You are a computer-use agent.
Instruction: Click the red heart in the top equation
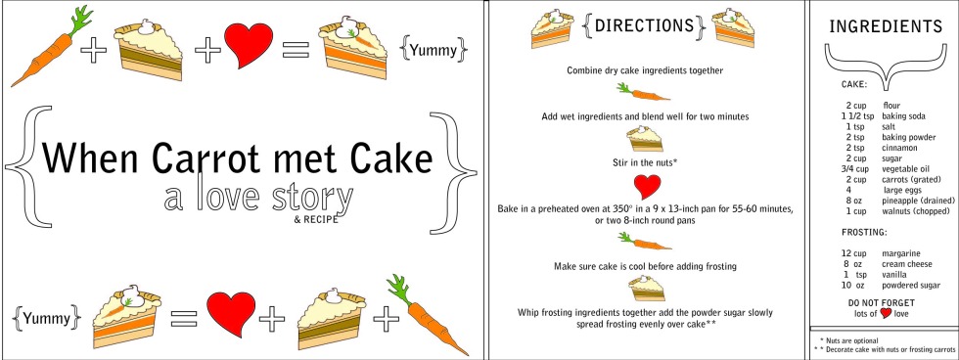249,45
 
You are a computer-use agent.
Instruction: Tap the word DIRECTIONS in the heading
644,25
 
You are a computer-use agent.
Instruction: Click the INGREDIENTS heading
886,26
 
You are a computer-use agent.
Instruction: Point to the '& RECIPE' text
315,219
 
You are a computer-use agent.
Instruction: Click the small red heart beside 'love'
885,314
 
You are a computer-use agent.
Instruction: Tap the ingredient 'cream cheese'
907,264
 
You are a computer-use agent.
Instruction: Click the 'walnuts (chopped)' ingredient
916,211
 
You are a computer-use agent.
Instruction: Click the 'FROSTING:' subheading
863,233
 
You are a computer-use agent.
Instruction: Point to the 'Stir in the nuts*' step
645,163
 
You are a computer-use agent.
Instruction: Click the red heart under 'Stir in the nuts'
647,187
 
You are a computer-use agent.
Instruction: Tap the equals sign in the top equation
296,50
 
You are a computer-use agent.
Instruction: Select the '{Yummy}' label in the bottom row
47,317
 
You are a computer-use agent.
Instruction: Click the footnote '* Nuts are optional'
849,341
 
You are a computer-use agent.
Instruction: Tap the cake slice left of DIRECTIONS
552,28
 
